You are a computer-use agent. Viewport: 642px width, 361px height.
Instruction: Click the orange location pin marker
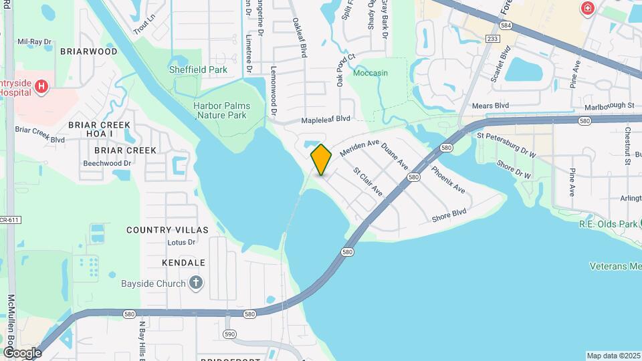click(x=321, y=160)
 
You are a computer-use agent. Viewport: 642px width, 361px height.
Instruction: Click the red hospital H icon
click(x=41, y=86)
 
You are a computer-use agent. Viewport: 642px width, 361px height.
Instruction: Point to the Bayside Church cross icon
click(x=196, y=283)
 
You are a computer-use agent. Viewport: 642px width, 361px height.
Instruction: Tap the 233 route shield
click(x=493, y=39)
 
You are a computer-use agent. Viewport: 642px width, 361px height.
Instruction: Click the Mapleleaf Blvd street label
click(x=326, y=119)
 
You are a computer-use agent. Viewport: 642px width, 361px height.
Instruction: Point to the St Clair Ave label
click(x=368, y=181)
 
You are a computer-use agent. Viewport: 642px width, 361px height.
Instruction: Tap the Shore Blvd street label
click(x=449, y=216)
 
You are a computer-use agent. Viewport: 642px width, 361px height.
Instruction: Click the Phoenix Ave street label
click(x=448, y=180)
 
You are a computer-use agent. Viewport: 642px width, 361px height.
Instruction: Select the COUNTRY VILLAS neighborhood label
click(x=167, y=230)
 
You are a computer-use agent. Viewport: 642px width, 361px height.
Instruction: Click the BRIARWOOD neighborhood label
click(x=88, y=51)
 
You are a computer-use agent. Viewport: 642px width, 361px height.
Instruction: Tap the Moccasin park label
click(x=370, y=73)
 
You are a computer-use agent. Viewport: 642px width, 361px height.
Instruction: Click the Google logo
click(x=23, y=352)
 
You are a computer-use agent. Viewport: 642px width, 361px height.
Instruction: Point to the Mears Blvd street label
click(x=491, y=106)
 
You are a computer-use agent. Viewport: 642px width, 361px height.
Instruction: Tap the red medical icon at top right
click(x=587, y=8)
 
